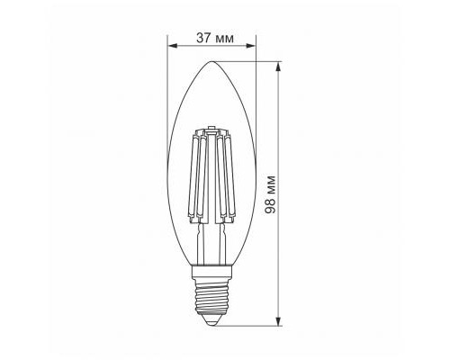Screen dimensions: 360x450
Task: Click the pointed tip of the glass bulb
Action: [x=213, y=62]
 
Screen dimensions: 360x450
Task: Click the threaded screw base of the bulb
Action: [x=213, y=292]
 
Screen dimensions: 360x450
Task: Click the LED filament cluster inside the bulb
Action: [x=213, y=171]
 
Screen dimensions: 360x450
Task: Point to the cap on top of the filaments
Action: [x=213, y=135]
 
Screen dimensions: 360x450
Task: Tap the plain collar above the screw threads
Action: [x=213, y=269]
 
